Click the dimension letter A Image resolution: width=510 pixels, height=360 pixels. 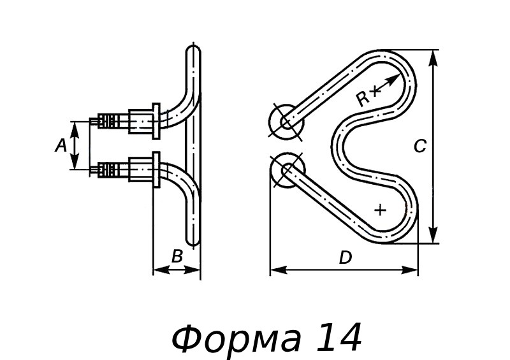[61, 146]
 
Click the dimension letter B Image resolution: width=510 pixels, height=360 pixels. [177, 256]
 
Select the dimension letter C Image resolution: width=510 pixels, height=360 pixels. [419, 147]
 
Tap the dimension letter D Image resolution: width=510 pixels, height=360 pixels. [345, 257]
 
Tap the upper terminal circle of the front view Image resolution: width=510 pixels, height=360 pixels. [285, 121]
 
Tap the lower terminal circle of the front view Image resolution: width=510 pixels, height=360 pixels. [287, 170]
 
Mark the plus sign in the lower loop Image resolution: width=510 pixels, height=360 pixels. [381, 209]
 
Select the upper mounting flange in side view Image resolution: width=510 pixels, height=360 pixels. [156, 120]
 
